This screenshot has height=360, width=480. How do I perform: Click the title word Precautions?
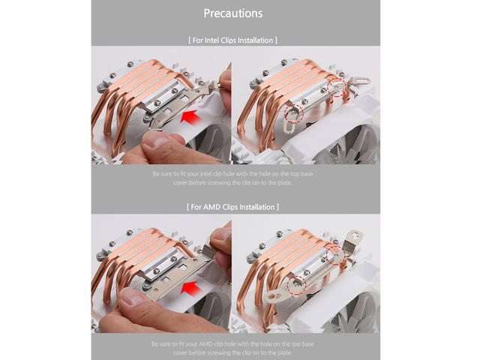pos(233,13)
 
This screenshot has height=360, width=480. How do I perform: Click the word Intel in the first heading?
pos(211,40)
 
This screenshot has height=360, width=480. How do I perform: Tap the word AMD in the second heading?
pos(211,207)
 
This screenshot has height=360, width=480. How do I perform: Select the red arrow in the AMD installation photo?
pos(192,288)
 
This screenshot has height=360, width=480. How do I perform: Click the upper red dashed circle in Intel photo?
pos(337,86)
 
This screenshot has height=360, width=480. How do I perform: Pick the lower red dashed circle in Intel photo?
pos(293,113)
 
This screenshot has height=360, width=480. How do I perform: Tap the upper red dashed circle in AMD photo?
pos(335,255)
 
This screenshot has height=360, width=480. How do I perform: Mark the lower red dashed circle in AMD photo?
pos(297,286)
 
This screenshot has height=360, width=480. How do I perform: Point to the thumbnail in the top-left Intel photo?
pos(155,139)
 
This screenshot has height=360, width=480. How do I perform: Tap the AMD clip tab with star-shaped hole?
pos(355,238)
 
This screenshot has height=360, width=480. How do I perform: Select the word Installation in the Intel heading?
pos(255,40)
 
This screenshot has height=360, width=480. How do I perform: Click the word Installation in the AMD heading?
pos(257,207)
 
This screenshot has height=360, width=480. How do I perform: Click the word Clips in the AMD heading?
pos(230,207)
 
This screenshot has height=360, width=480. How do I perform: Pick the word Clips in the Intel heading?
pos(228,40)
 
